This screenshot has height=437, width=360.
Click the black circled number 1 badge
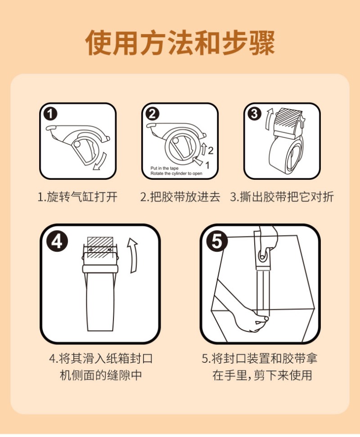(50, 114)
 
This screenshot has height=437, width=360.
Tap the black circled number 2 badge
(153, 114)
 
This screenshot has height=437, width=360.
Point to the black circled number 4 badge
(57, 241)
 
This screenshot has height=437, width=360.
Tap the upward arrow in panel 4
(133, 255)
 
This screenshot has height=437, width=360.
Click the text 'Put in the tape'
(165, 168)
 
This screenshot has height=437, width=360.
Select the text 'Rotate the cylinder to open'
(176, 174)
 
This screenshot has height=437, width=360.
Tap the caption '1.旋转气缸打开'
(78, 197)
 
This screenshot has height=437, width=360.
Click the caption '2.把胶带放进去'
(180, 197)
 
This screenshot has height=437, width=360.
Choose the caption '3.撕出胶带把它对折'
(282, 197)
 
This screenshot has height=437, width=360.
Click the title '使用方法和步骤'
(180, 43)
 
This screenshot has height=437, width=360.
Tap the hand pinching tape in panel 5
(245, 315)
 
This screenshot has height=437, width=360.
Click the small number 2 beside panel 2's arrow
(211, 151)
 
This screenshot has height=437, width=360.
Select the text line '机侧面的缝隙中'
(101, 375)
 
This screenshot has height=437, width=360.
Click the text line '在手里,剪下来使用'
(262, 375)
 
